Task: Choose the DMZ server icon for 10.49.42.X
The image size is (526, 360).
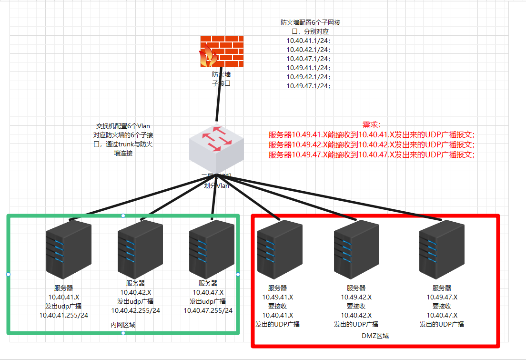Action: click(356, 251)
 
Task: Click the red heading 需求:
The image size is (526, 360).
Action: click(372, 125)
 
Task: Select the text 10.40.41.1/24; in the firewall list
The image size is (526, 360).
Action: click(308, 41)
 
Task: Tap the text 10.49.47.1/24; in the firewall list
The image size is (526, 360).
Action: click(308, 86)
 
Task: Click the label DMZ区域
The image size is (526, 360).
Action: click(375, 336)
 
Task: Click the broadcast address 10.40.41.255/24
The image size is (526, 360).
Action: click(63, 315)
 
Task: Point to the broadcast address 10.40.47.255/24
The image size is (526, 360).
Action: click(208, 310)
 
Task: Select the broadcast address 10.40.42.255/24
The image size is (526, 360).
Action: click(136, 310)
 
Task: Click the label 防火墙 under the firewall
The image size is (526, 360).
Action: click(222, 74)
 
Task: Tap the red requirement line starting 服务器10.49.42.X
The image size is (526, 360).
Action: click(372, 144)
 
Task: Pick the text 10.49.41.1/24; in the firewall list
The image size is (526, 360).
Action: click(308, 68)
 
